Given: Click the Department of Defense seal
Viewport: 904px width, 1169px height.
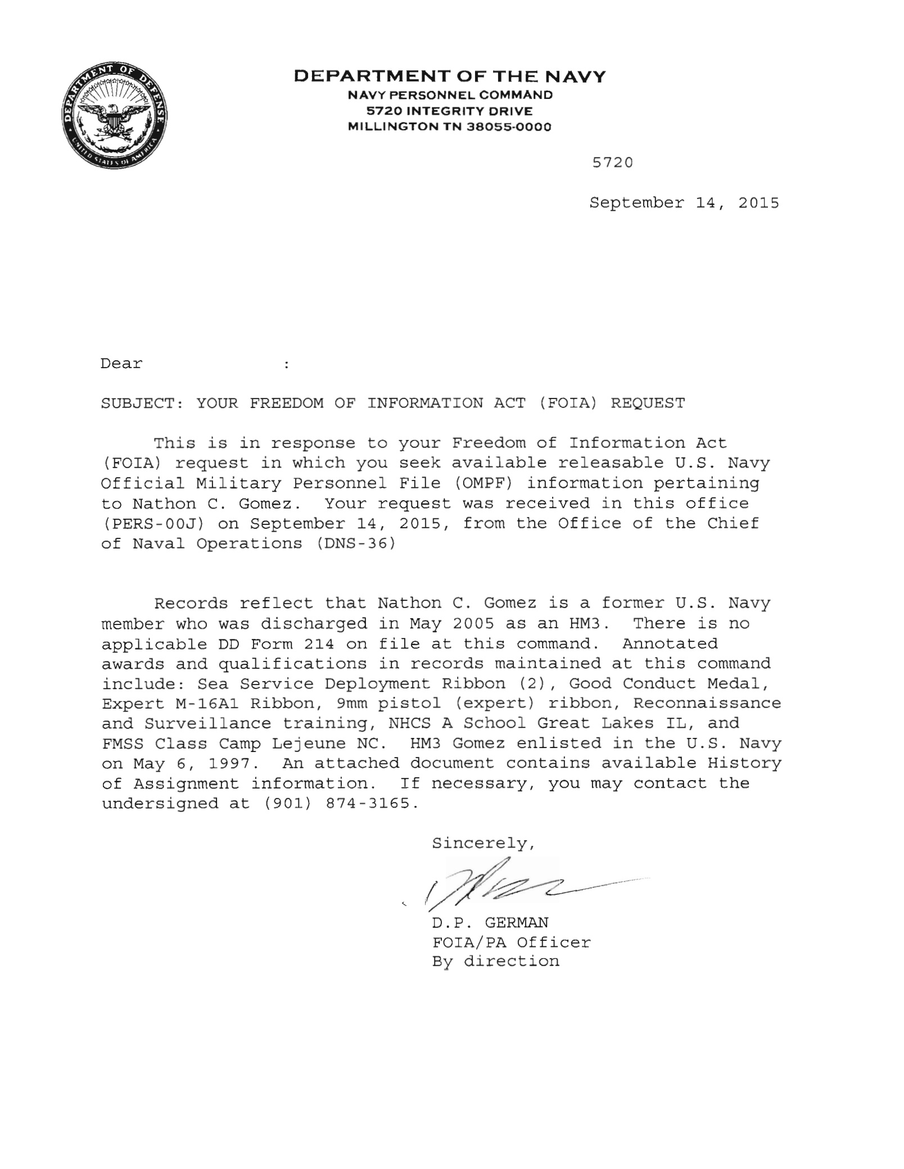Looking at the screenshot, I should [x=115, y=116].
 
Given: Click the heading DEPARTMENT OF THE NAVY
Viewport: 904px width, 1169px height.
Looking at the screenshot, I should [x=450, y=76].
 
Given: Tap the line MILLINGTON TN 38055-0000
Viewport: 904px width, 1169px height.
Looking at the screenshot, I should [x=450, y=127].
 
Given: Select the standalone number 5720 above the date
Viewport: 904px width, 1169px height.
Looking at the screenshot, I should [x=613, y=163].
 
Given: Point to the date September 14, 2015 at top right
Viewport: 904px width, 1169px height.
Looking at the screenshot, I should [x=684, y=203].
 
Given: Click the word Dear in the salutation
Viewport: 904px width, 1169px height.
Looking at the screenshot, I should [x=121, y=364].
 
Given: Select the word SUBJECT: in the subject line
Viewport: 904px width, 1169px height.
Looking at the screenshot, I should [x=142, y=404].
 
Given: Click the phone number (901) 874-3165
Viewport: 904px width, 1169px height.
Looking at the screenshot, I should [x=341, y=804].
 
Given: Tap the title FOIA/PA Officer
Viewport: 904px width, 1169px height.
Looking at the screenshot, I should [x=511, y=943].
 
